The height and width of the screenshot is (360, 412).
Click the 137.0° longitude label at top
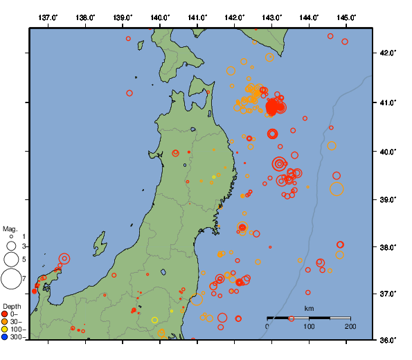click(48, 17)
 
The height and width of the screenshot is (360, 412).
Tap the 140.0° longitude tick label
click(160, 17)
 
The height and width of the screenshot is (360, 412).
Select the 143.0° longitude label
click(272, 17)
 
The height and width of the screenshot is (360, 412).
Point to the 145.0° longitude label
click(346, 17)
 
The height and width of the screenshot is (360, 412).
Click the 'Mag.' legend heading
click(10, 228)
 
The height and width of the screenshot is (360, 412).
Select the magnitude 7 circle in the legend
click(11, 279)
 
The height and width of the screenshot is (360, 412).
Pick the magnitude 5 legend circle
click(11, 260)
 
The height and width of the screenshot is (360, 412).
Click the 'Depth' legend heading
click(11, 306)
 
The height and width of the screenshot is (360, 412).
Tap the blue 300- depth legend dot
click(5, 337)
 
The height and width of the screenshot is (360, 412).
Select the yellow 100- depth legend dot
click(5, 330)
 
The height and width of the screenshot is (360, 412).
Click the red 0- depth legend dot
click(5, 314)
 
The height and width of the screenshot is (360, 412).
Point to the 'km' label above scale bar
click(309, 309)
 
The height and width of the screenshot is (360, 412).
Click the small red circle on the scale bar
click(292, 318)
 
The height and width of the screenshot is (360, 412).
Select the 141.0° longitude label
click(197, 17)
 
